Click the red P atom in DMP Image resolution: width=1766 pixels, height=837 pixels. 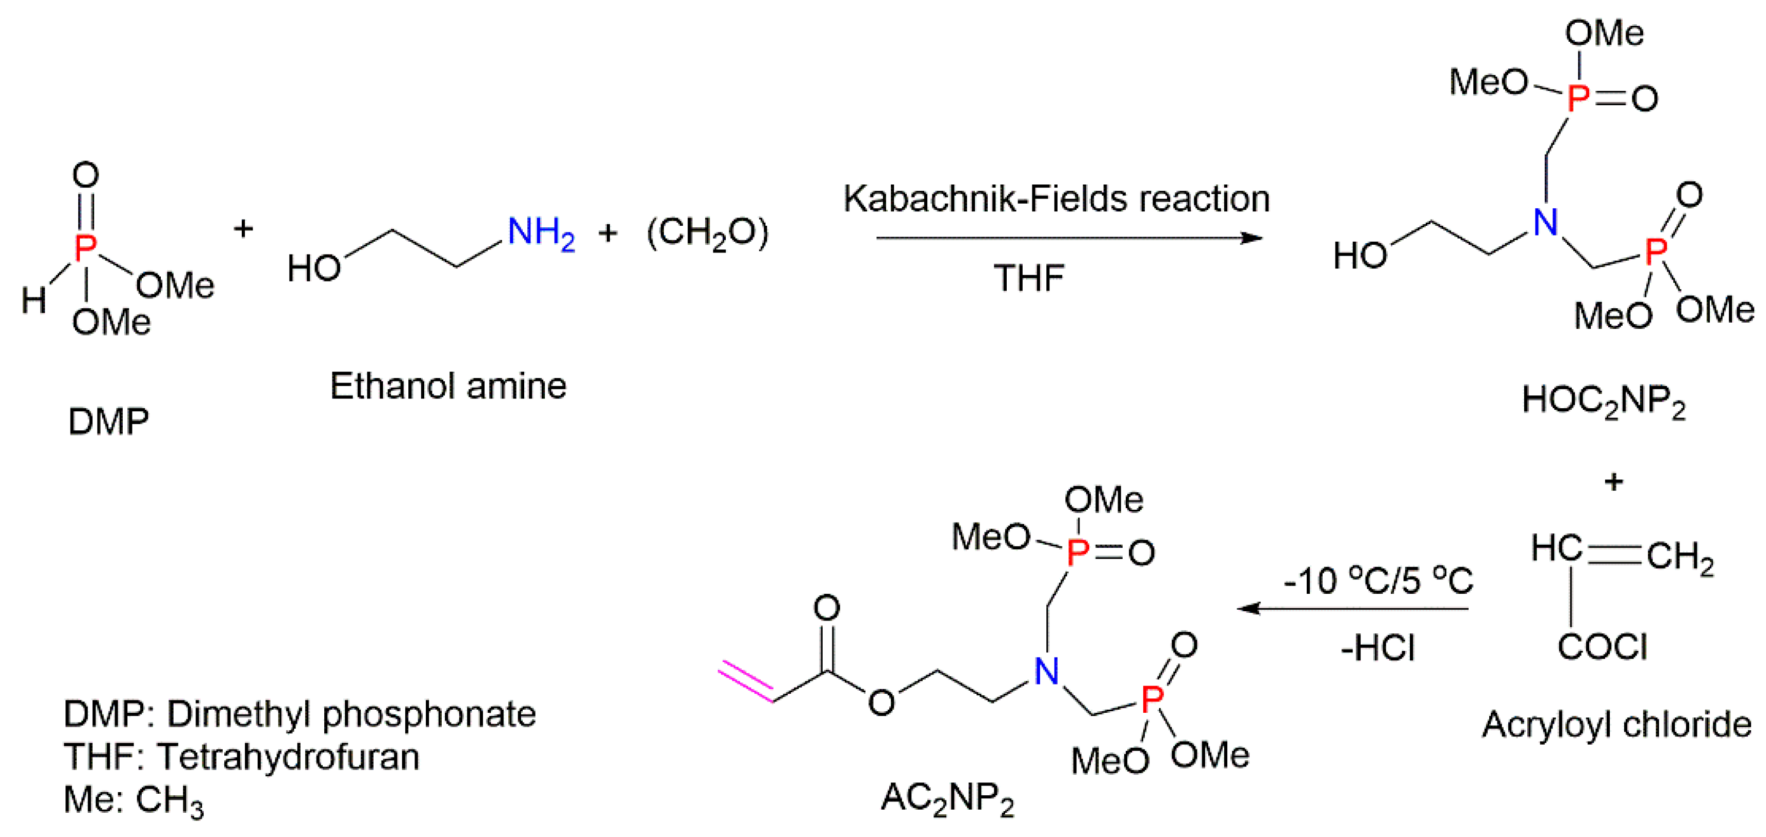coord(85,247)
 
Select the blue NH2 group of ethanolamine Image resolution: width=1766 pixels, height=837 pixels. coord(540,232)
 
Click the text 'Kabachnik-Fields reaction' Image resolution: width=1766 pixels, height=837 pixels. coord(1056,199)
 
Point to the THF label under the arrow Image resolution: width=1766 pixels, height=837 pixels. coord(1028,278)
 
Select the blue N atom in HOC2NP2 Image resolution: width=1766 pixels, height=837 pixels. coord(1545,222)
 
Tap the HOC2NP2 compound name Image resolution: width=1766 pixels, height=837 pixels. coord(1603,401)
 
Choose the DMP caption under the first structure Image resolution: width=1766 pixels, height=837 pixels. coord(108,422)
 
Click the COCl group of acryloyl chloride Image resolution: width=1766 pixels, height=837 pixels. coord(1602,646)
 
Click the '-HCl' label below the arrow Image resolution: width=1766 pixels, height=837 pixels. coord(1378,648)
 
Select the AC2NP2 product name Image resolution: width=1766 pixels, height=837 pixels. coord(947,799)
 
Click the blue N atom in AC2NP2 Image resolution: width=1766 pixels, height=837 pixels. coord(1046,671)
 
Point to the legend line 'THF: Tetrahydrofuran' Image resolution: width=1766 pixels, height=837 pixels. coord(241,757)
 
